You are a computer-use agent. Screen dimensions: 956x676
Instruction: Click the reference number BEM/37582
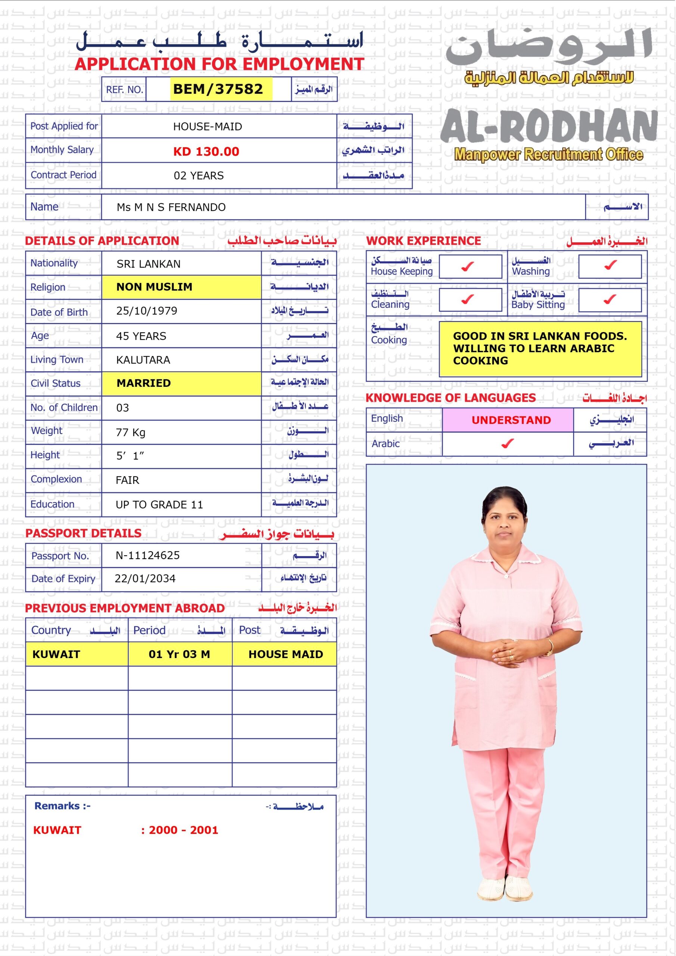point(218,89)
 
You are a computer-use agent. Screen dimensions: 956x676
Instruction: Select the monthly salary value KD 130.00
point(206,152)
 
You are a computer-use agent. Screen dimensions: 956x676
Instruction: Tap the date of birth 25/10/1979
point(147,311)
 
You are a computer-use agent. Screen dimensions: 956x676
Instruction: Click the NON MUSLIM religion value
point(154,287)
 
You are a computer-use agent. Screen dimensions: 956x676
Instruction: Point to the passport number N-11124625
point(148,555)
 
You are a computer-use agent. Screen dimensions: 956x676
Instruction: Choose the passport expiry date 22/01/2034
point(145,579)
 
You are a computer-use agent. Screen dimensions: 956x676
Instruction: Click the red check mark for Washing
point(610,265)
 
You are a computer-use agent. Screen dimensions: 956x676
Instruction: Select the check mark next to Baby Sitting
point(610,299)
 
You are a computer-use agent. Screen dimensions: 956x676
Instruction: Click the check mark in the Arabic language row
point(507,444)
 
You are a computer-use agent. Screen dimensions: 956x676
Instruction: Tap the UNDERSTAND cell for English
point(511,420)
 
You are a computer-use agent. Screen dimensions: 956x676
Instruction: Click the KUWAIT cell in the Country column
point(56,654)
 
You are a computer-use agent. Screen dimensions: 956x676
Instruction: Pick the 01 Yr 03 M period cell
point(179,654)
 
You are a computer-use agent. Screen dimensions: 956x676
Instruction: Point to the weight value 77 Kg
point(130,432)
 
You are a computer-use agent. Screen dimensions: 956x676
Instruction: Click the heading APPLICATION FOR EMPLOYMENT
point(220,64)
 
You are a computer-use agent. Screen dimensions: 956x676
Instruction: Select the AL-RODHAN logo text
point(549,127)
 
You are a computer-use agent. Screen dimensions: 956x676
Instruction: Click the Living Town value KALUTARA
point(143,360)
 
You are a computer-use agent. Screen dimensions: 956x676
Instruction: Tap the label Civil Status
point(55,384)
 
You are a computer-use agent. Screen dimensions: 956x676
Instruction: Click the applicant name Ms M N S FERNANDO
point(171,207)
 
